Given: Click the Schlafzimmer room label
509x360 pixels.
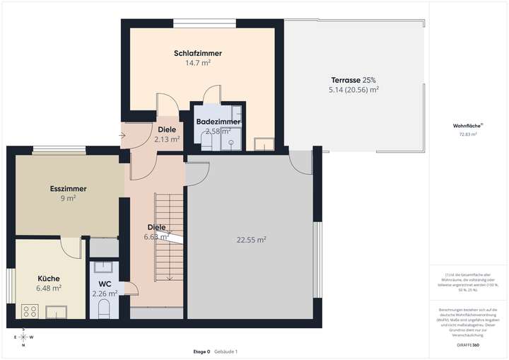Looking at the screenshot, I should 198,53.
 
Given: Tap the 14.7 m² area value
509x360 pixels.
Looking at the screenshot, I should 198,63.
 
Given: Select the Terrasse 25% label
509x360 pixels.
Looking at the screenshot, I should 353,80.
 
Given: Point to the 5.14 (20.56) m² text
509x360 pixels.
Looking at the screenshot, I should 353,90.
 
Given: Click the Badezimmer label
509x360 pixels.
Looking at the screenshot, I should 218,122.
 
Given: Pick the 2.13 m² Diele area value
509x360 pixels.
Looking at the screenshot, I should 167,139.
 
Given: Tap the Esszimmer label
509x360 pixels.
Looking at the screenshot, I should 68,189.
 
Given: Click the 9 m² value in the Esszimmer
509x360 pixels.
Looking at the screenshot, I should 68,199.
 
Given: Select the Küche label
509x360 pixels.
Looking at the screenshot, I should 48,278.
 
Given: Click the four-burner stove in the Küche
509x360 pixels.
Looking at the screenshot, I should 30,310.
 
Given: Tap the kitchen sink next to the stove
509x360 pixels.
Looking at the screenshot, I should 56,310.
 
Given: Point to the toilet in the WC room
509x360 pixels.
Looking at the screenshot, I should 103,308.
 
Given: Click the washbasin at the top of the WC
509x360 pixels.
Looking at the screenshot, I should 104,267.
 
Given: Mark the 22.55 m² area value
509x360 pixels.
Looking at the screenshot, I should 251,240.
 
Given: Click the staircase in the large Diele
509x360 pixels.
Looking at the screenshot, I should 169,237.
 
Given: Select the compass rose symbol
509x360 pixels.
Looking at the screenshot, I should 23,337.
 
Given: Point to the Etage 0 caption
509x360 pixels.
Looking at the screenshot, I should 201,352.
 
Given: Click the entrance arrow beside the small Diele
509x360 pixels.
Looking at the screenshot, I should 123,134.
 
